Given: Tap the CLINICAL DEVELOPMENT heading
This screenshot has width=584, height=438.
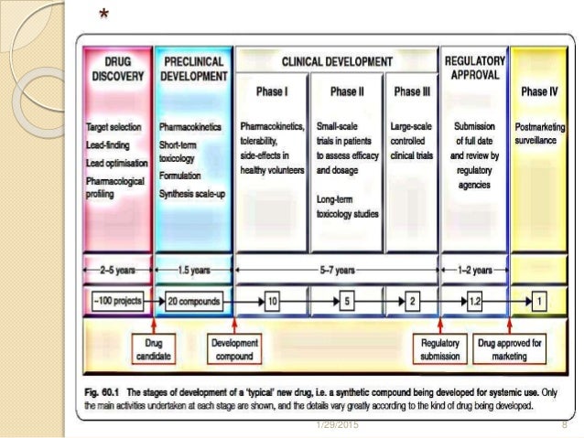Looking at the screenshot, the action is (x=337, y=61).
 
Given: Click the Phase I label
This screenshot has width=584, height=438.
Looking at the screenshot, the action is (x=271, y=91).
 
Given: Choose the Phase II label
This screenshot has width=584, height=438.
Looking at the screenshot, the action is (x=348, y=91).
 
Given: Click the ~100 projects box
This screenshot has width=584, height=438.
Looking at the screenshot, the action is (x=115, y=301).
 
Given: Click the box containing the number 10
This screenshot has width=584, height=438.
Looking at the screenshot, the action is (x=272, y=301).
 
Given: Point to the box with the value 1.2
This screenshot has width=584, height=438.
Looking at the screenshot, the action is (x=474, y=301).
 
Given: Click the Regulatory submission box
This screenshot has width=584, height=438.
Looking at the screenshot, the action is (x=439, y=348).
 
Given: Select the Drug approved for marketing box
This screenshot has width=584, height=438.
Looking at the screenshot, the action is (x=509, y=348).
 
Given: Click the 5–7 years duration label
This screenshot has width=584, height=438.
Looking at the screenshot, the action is (x=338, y=271).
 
